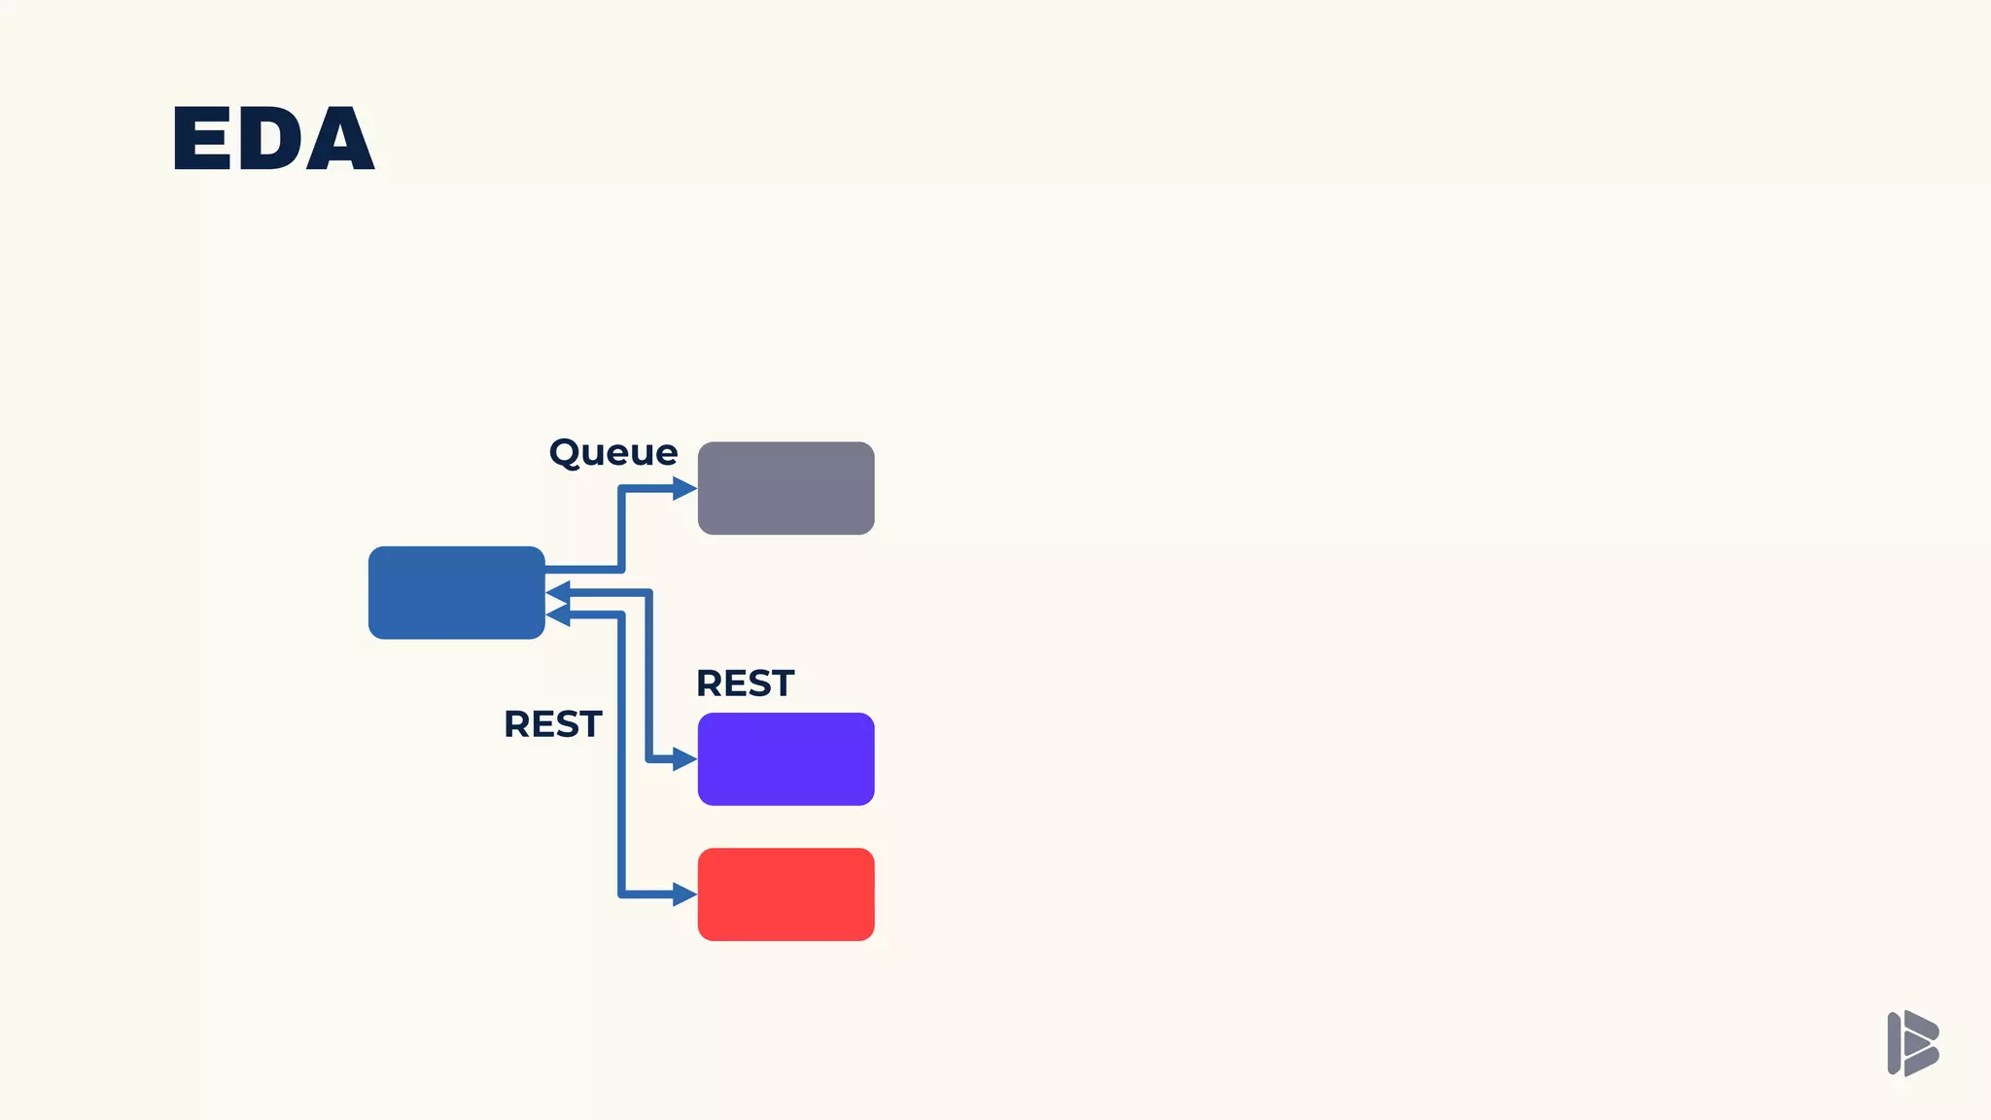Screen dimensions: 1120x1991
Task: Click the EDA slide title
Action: (x=273, y=139)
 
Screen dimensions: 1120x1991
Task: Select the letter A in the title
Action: (x=337, y=141)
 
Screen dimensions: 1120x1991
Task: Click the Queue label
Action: (x=612, y=453)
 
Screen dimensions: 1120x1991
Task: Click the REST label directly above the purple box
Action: (x=745, y=683)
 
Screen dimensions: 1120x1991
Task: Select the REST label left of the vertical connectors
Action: (x=552, y=724)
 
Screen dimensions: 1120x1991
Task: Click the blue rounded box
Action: (x=456, y=592)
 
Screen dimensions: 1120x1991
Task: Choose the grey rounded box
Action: (x=786, y=488)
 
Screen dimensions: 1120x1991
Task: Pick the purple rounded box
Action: (x=786, y=758)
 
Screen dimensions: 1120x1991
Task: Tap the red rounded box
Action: (x=786, y=893)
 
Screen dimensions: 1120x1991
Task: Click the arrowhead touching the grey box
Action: (x=685, y=488)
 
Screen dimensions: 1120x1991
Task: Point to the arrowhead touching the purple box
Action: (x=685, y=758)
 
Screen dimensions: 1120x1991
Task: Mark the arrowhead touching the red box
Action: (x=685, y=893)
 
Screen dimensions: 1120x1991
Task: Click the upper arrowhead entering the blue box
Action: (x=557, y=592)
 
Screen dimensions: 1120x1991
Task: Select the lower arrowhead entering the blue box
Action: (x=557, y=614)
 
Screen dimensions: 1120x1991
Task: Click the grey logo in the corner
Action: (x=1912, y=1043)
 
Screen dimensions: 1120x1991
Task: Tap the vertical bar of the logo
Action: (x=1894, y=1043)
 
